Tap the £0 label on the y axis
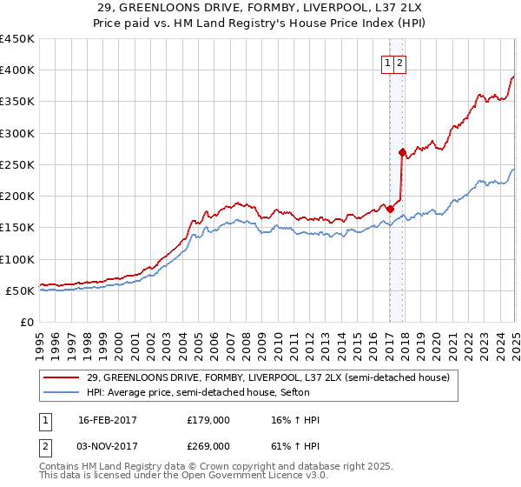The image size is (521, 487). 27,322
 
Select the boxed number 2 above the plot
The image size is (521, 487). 399,63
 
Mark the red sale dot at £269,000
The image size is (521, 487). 402,152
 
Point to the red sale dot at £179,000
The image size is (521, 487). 390,209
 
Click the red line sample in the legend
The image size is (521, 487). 62,377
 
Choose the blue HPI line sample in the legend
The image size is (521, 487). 62,392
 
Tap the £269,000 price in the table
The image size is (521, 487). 208,446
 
